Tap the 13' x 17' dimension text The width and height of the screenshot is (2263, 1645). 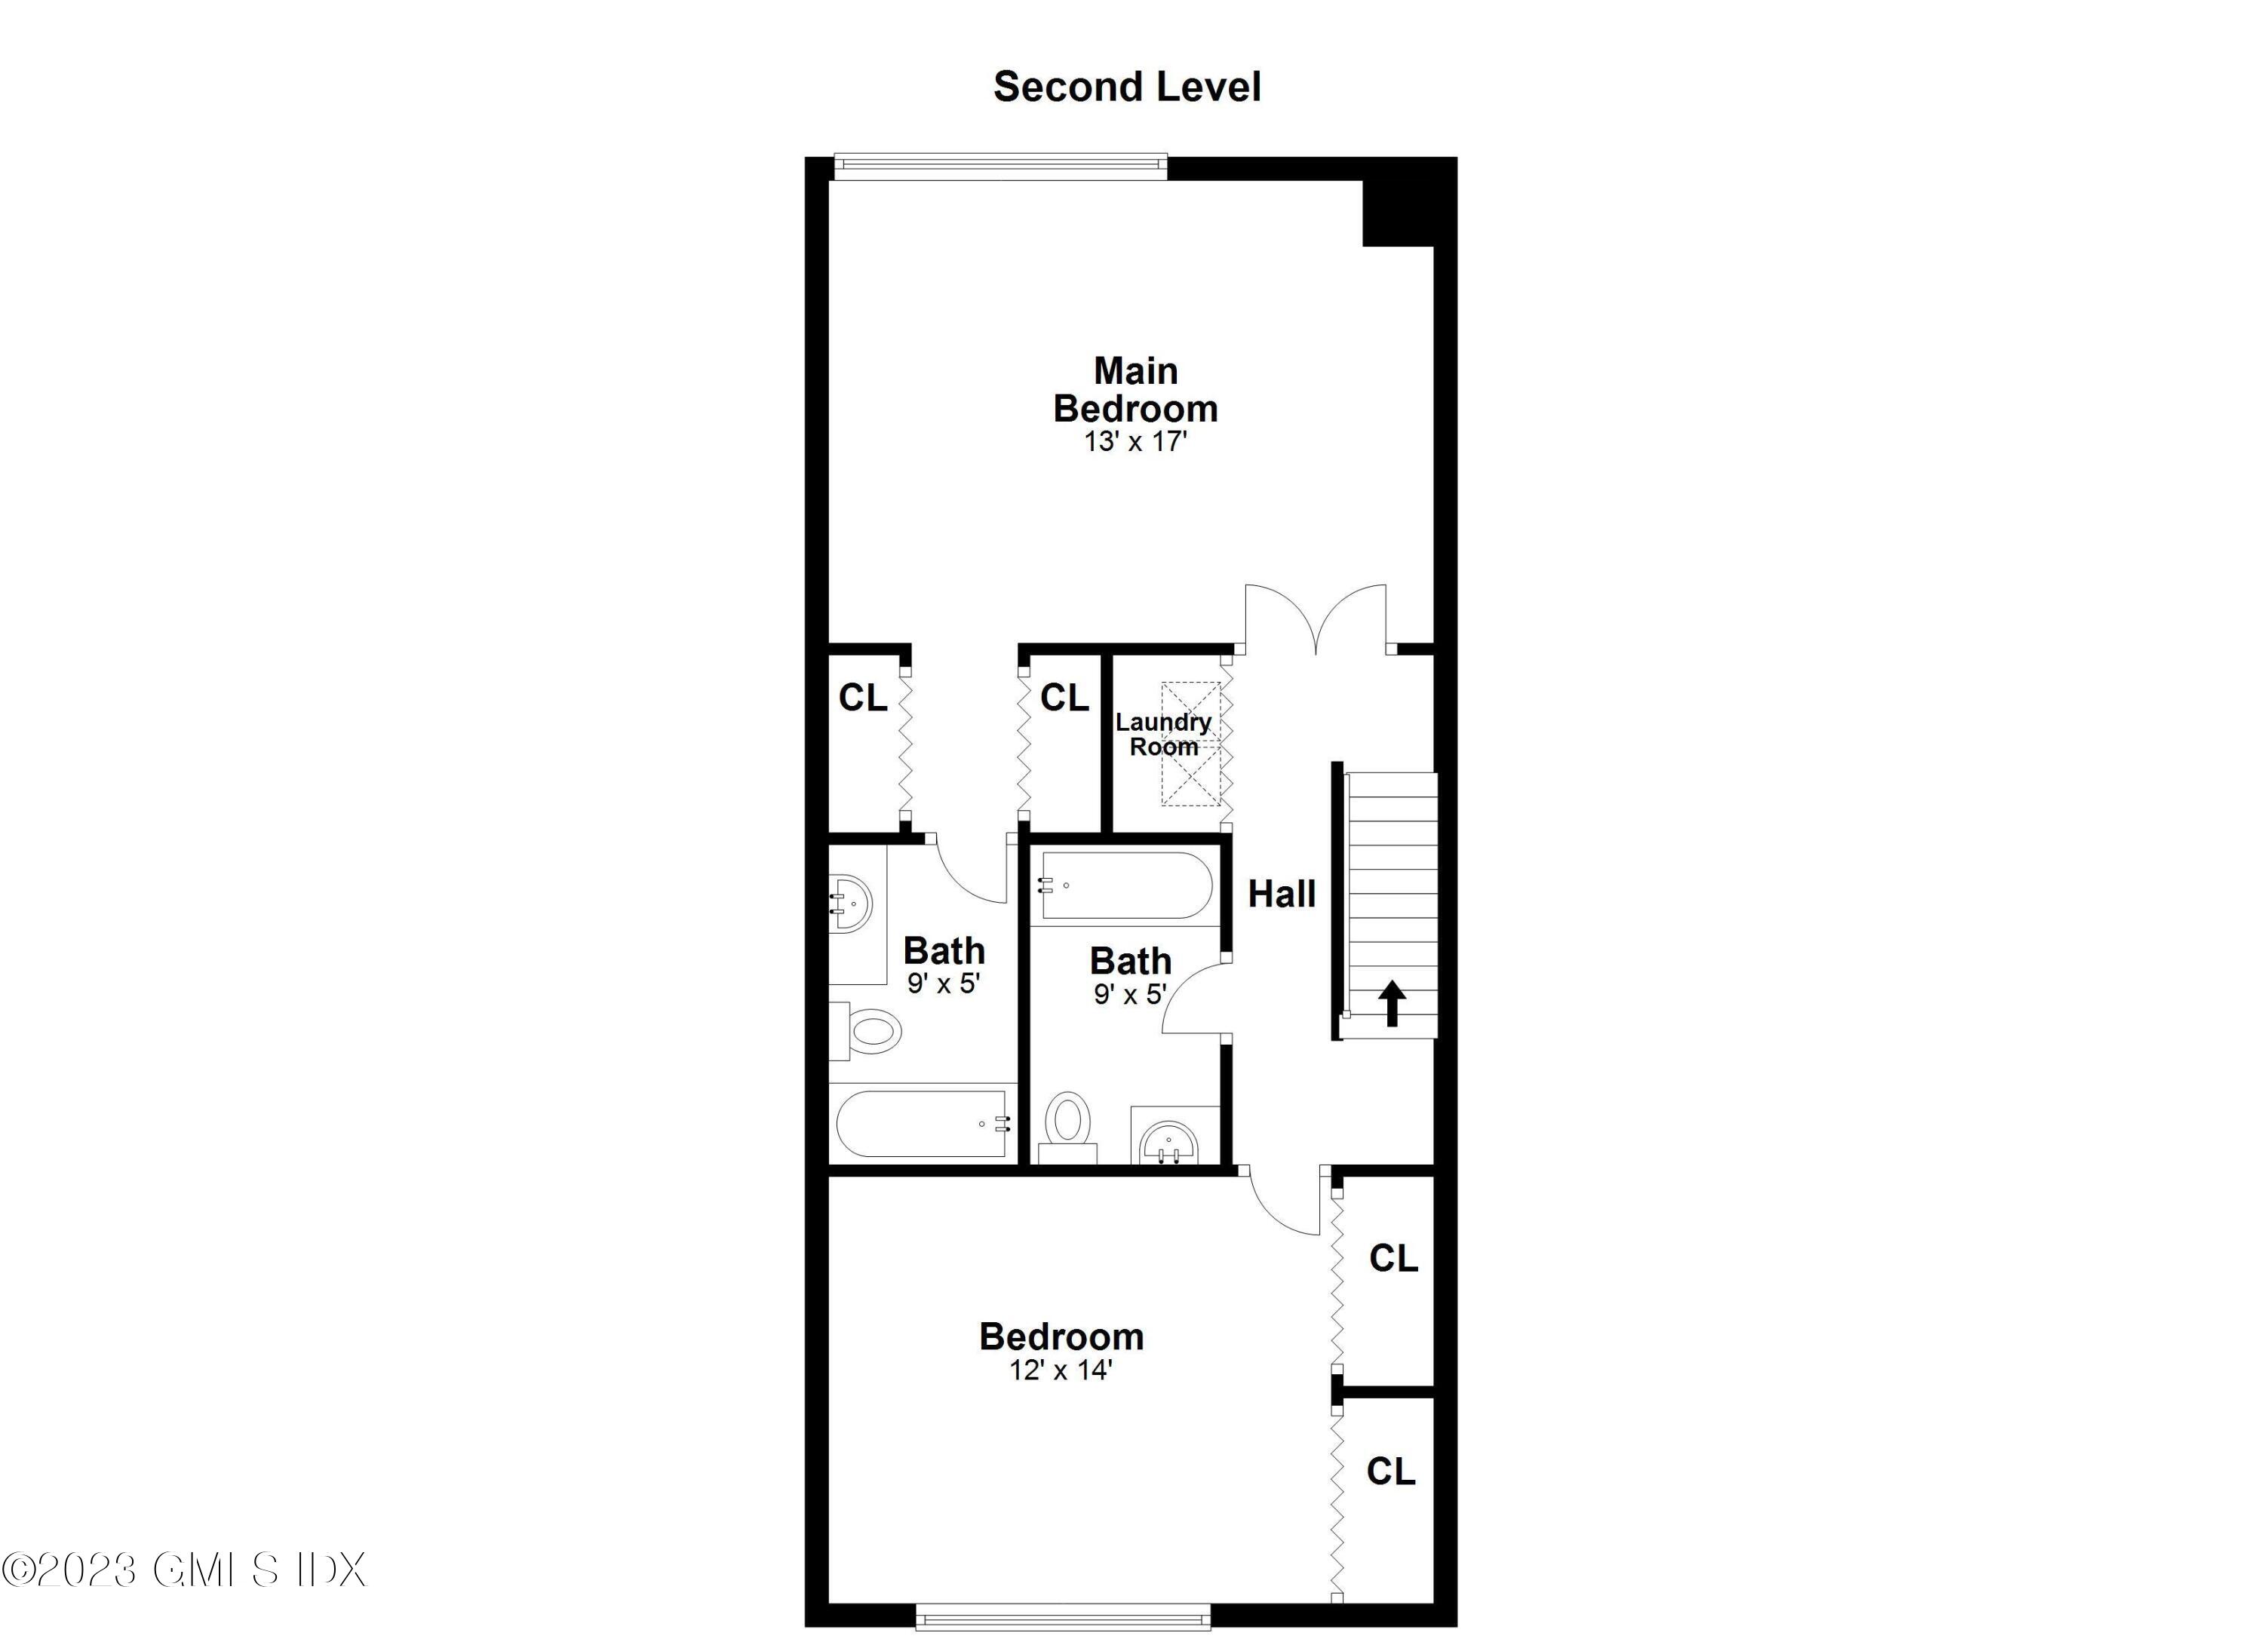1135,441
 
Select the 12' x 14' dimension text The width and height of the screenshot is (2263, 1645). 1061,1370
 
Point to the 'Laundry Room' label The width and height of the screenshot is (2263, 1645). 1163,734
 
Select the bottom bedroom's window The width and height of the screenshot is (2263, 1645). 1063,1617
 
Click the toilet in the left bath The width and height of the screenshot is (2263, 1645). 869,1030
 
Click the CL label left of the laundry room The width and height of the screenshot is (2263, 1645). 1064,698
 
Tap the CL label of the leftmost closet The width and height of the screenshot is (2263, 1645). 862,698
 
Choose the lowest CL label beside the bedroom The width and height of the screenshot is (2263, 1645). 1391,1471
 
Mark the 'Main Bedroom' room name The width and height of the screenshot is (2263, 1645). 1135,390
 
